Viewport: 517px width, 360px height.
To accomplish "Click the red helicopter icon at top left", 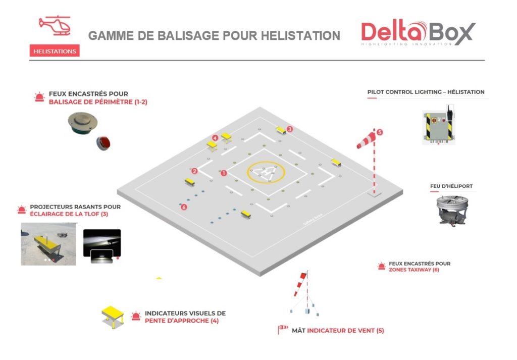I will click(x=55, y=25).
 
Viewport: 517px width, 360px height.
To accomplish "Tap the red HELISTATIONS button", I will click(x=55, y=51).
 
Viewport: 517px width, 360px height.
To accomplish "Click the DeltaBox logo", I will click(x=418, y=33).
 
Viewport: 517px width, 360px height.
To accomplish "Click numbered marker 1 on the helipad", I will click(x=224, y=173).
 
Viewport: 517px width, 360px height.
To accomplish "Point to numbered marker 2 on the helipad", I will click(x=194, y=171).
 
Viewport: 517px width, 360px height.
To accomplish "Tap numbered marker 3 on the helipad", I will click(x=289, y=129).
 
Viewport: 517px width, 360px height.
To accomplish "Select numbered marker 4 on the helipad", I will click(x=215, y=137).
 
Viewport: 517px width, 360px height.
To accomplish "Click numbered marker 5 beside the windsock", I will click(x=380, y=132).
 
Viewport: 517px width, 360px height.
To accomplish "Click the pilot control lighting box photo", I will click(x=439, y=127).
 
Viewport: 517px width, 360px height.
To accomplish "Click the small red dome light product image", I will click(x=104, y=143).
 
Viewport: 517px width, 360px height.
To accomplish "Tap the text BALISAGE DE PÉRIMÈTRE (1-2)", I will click(x=98, y=102).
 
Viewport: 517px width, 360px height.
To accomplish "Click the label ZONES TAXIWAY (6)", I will click(x=413, y=270).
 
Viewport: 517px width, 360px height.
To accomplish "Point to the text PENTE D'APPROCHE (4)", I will click(x=182, y=321).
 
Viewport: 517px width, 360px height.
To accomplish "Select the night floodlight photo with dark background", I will click(x=102, y=246).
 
